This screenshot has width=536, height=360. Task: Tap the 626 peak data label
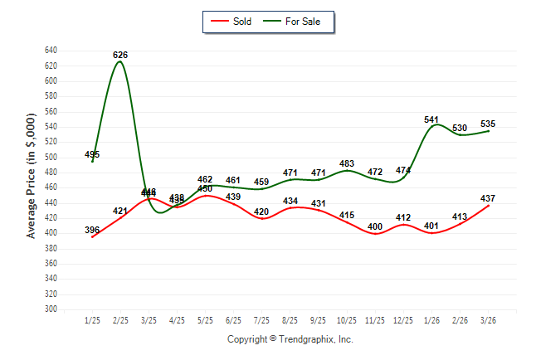120,55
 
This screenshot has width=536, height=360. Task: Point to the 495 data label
92,155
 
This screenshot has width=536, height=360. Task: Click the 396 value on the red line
92,230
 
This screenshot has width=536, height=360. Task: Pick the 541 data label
431,119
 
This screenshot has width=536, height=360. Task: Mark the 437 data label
488,198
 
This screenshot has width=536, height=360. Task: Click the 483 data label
347,163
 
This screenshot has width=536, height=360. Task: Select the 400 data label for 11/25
375,226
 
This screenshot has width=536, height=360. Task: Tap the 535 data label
488,124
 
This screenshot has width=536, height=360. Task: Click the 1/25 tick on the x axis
92,319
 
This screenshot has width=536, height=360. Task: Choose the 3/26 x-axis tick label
488,319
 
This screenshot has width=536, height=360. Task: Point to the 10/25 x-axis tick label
347,319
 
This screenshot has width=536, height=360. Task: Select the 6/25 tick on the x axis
233,319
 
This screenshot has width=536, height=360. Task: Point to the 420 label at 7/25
261,212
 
